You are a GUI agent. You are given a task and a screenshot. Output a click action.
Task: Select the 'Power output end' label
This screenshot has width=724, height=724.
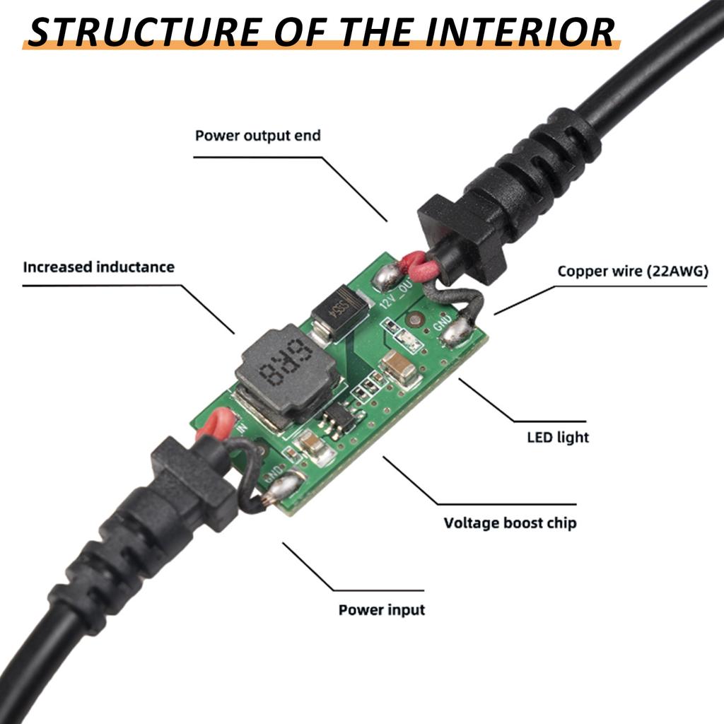pos(257,135)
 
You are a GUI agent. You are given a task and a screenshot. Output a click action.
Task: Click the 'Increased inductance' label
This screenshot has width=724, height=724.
pos(98,267)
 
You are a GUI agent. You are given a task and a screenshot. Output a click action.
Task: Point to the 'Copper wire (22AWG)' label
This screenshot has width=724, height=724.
pos(632,271)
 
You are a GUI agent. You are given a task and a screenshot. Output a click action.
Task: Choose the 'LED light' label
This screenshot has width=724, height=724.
pos(558,438)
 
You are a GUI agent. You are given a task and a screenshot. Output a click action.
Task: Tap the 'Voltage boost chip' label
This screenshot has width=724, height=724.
pos(510,523)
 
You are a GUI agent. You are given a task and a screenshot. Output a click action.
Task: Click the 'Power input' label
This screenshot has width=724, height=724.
pos(382,609)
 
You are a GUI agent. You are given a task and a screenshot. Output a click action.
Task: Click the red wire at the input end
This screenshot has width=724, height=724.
pos(214,424)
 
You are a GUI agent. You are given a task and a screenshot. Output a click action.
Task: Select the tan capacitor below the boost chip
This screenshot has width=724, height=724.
pos(309,445)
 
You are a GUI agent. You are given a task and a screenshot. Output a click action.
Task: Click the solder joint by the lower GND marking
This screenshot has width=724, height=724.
pos(282,487)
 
